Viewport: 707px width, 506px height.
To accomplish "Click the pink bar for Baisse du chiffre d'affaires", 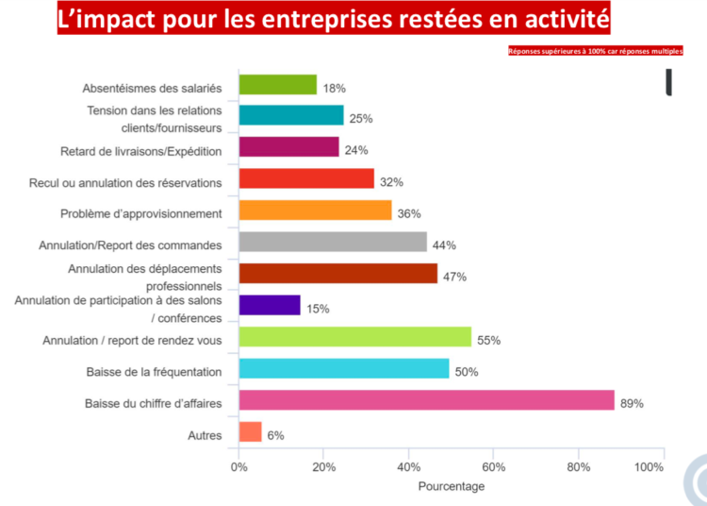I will tap(426, 400).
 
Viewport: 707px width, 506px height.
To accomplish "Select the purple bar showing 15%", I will tap(270, 305).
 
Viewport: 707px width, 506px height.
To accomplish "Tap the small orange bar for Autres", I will tap(250, 432).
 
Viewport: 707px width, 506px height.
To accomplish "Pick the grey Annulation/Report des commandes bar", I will tap(333, 242).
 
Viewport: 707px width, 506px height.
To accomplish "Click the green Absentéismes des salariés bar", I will tap(277, 85).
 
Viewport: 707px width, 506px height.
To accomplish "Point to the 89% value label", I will tap(632, 403).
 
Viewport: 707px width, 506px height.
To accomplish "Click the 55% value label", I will tap(488, 340).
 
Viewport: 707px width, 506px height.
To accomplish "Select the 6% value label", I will tap(275, 435).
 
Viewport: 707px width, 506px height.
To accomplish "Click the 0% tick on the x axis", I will tap(239, 466).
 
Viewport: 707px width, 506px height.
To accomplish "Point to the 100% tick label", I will tap(649, 466).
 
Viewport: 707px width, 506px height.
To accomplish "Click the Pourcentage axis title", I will tap(452, 486).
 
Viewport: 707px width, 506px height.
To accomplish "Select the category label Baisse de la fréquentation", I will tap(153, 371).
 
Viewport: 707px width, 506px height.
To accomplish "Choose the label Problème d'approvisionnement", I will tap(141, 213).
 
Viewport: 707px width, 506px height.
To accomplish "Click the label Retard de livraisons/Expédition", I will tap(141, 151).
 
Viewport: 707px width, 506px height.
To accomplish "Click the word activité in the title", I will tap(566, 18).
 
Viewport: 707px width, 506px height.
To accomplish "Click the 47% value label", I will tap(455, 277).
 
